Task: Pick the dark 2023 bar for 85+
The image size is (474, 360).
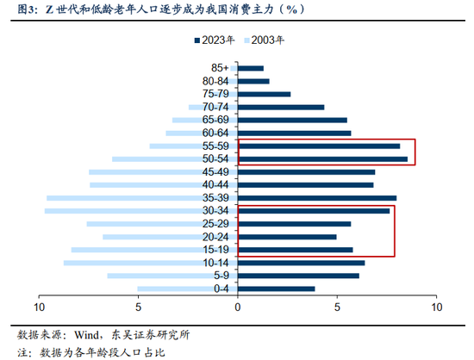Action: (250, 68)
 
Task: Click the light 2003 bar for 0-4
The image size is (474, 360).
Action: (187, 289)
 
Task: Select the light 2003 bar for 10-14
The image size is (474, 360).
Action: (150, 263)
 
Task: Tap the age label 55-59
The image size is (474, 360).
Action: (215, 146)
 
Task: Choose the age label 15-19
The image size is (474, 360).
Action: (215, 250)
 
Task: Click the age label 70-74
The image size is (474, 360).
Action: (215, 108)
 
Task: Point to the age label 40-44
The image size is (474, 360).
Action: (215, 185)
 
